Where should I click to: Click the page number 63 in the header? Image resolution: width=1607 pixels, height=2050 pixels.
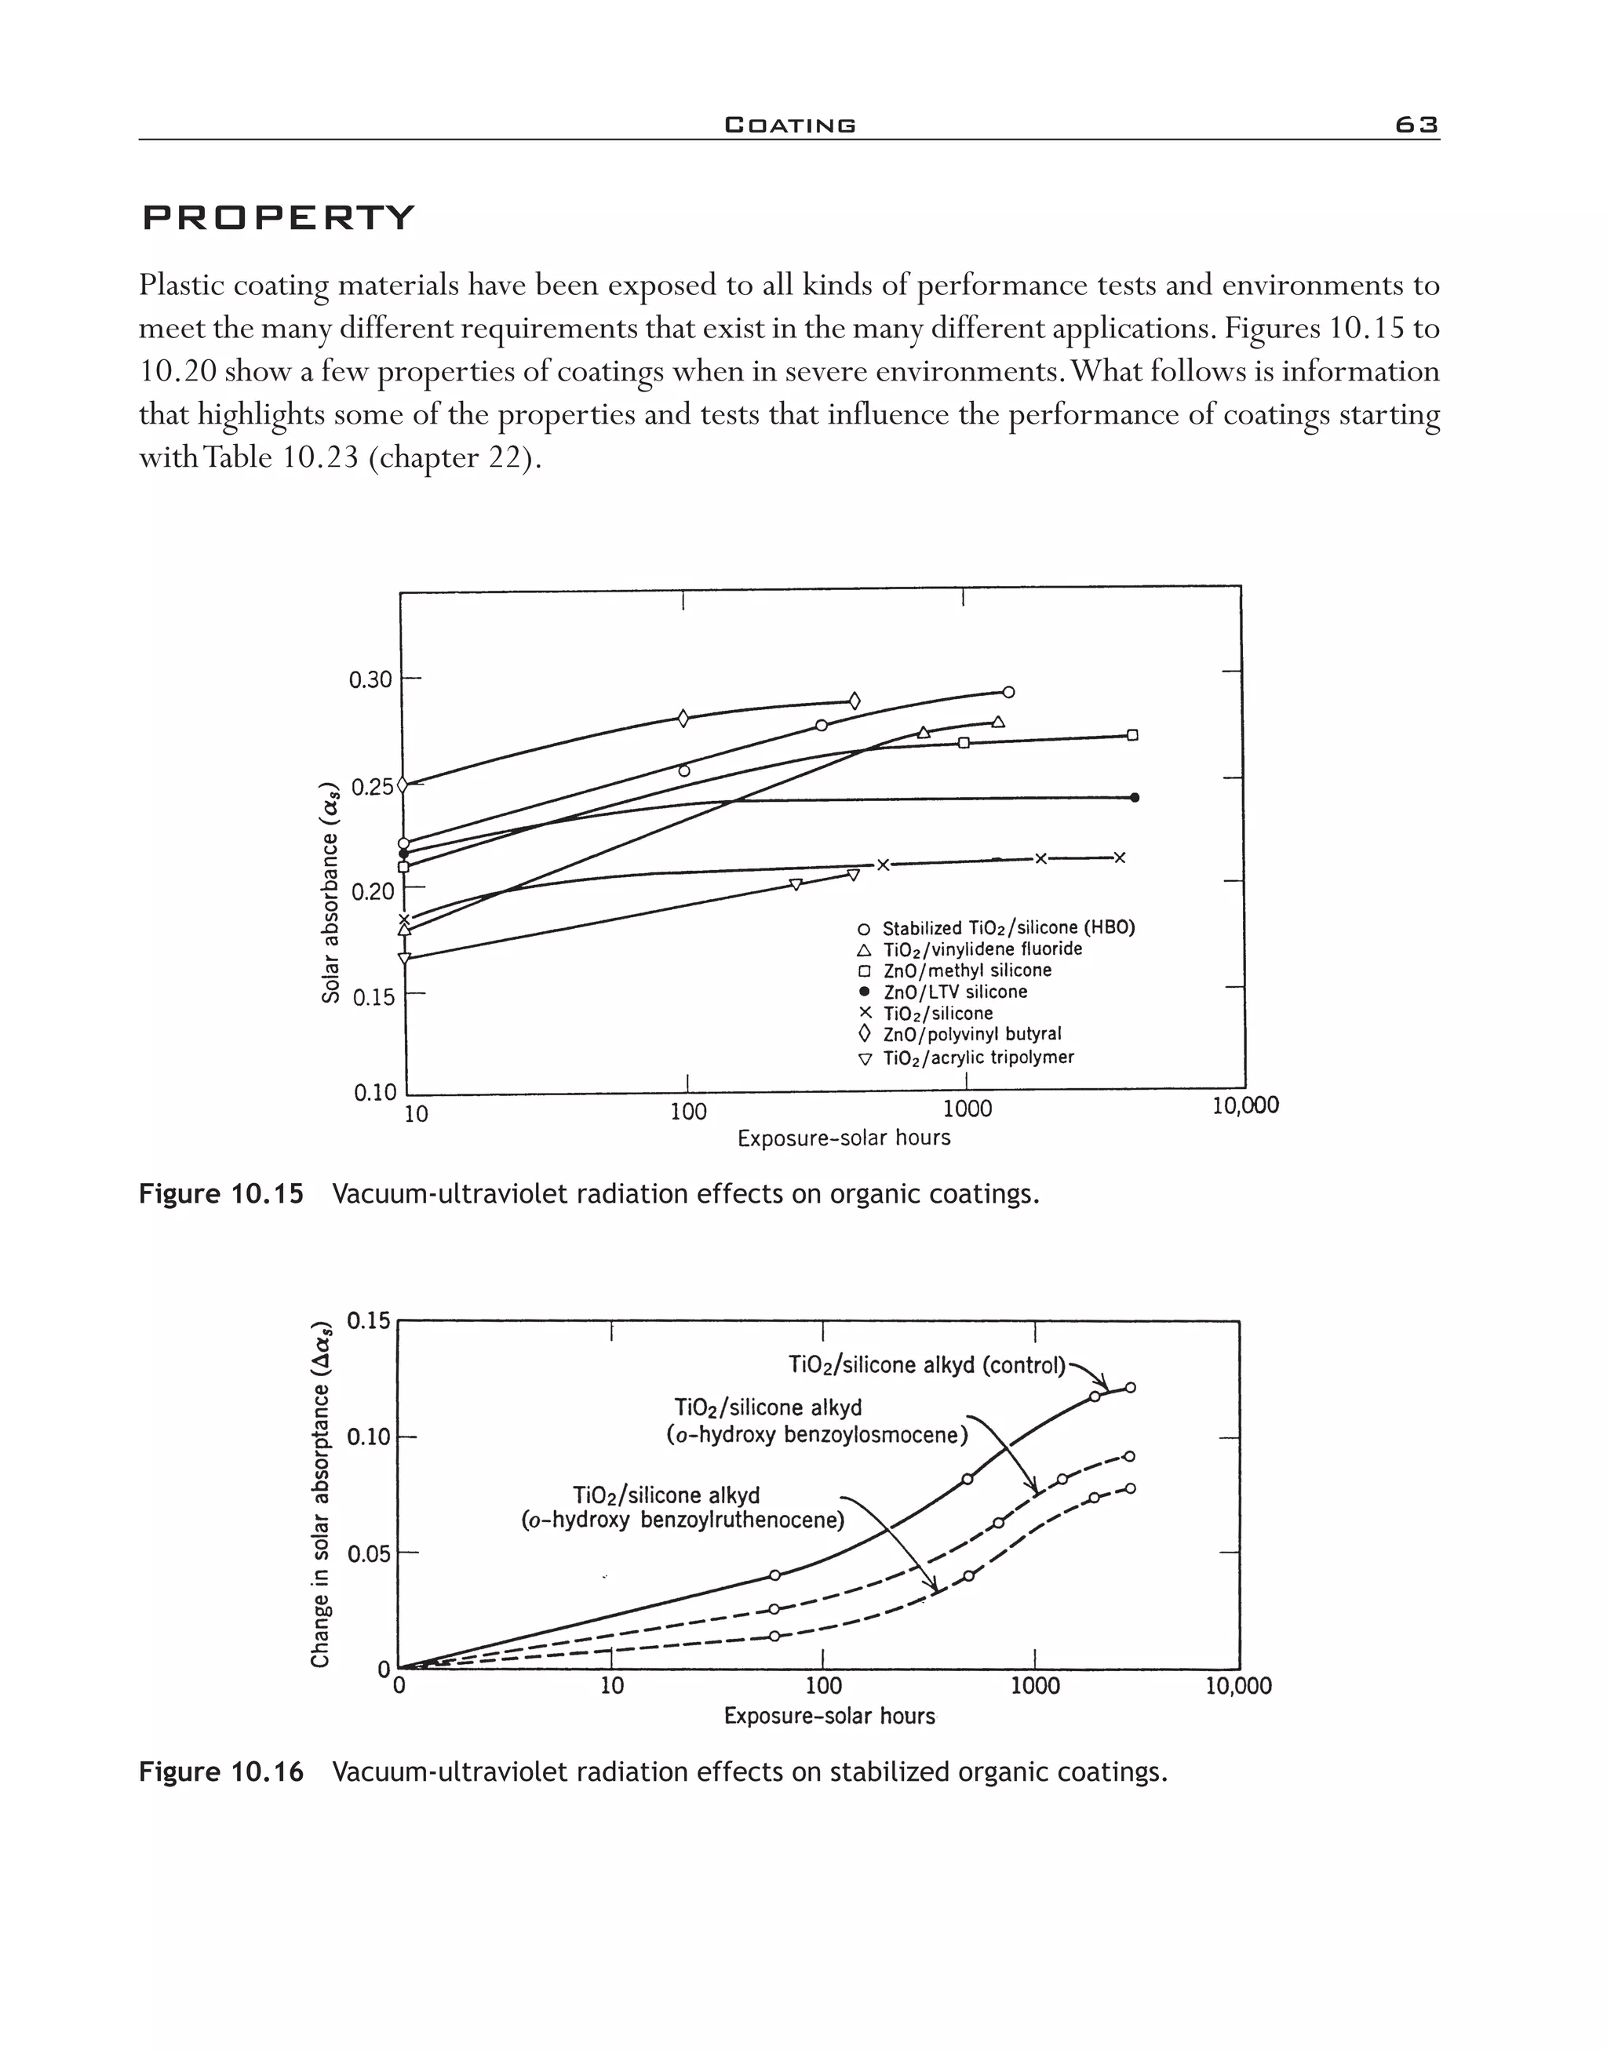point(1416,125)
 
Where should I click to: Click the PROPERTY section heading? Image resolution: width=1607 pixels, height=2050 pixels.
point(278,218)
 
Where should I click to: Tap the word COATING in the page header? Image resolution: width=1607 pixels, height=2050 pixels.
point(790,125)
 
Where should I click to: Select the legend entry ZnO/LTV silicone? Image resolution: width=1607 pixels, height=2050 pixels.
point(954,992)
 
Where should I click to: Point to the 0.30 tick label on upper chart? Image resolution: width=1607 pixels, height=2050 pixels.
point(370,679)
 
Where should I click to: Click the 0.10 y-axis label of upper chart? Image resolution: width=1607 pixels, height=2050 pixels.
point(375,1093)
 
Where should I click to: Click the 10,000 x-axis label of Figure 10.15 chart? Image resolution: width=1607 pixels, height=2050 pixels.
point(1244,1106)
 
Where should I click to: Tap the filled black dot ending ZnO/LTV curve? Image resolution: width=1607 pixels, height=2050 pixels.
point(1135,798)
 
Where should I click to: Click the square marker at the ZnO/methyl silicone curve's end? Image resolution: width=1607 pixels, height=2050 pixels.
point(1133,735)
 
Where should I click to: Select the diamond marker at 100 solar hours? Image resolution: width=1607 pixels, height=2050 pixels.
point(683,719)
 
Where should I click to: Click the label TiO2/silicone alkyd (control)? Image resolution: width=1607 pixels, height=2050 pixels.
point(927,1365)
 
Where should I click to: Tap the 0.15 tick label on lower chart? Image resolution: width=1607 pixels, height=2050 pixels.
point(368,1321)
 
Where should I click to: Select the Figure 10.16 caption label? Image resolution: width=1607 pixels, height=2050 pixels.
point(221,1772)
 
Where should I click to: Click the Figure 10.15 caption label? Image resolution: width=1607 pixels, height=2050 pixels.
point(221,1195)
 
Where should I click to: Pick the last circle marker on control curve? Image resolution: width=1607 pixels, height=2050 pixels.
point(1131,1388)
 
